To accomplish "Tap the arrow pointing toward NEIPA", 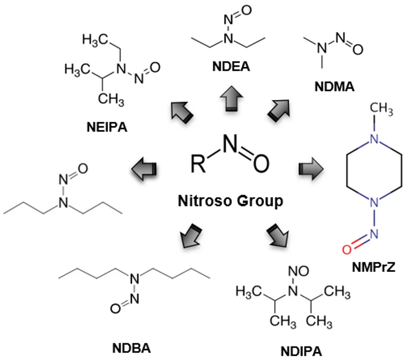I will tap(178, 111).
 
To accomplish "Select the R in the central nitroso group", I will tap(198, 163).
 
